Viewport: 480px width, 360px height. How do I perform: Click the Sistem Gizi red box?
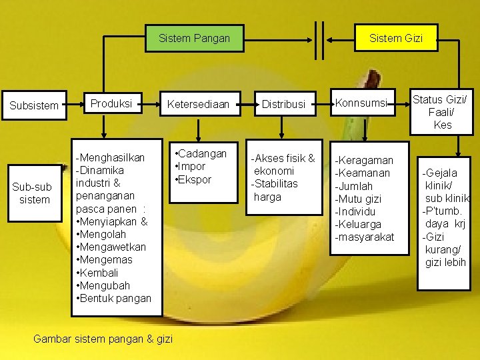point(396,38)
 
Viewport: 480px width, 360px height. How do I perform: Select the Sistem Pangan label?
point(194,38)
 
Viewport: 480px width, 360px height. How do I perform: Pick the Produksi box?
point(111,104)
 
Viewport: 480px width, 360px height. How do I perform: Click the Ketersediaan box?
point(197,104)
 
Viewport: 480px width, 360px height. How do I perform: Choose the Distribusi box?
point(283,104)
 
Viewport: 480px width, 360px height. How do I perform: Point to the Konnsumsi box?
point(363,103)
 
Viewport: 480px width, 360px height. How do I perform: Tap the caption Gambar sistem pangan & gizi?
point(103,339)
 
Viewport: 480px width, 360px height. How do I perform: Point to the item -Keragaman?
point(364,160)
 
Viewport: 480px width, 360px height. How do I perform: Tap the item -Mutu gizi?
point(358,199)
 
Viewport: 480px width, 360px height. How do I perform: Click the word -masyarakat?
point(364,237)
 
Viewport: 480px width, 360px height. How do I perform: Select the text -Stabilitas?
point(274,183)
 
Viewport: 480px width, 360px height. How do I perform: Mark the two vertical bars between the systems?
point(318,39)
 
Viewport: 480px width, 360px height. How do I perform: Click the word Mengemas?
point(105,260)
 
